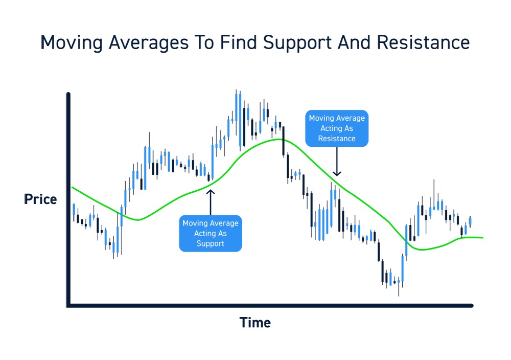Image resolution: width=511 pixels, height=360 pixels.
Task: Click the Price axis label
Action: [40, 199]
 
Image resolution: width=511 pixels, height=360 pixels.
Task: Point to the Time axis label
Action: [255, 323]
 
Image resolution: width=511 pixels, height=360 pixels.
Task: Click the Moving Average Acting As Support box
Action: [211, 233]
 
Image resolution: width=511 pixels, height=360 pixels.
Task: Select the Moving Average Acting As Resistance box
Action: [337, 128]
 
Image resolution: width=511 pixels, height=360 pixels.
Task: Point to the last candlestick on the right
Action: [470, 222]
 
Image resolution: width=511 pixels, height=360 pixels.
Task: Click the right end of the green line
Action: [482, 238]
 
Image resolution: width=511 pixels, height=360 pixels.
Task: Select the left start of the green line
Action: [72, 188]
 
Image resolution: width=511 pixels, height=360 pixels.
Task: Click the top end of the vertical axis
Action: [68, 95]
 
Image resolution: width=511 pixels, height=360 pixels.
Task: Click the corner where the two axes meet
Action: [68, 306]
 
